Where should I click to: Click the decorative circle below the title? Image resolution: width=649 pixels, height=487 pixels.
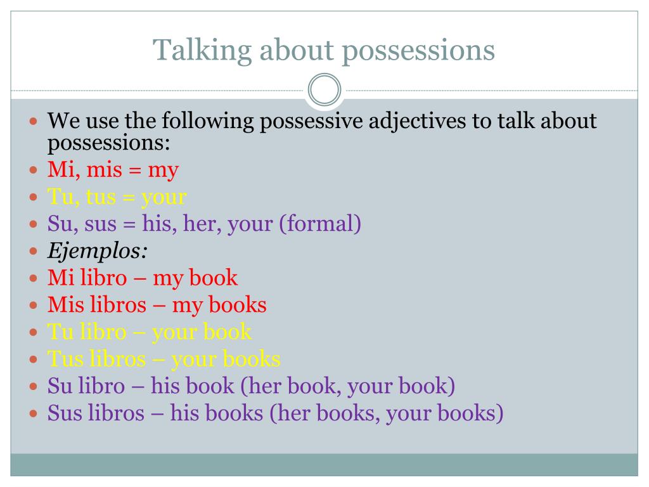[324, 91]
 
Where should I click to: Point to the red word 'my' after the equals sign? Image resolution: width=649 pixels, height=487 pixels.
[163, 171]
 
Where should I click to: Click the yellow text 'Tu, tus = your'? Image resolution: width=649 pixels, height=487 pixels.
[117, 197]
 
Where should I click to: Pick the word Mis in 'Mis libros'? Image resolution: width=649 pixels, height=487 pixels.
[63, 305]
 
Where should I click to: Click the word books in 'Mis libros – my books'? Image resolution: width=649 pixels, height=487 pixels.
[237, 305]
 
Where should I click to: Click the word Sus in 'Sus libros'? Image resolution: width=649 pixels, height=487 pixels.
[63, 413]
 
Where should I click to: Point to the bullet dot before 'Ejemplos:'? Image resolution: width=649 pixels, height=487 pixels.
[34, 252]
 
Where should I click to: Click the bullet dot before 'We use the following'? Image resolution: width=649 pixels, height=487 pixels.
[34, 120]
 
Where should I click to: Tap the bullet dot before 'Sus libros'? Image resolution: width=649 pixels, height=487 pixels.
[34, 414]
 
